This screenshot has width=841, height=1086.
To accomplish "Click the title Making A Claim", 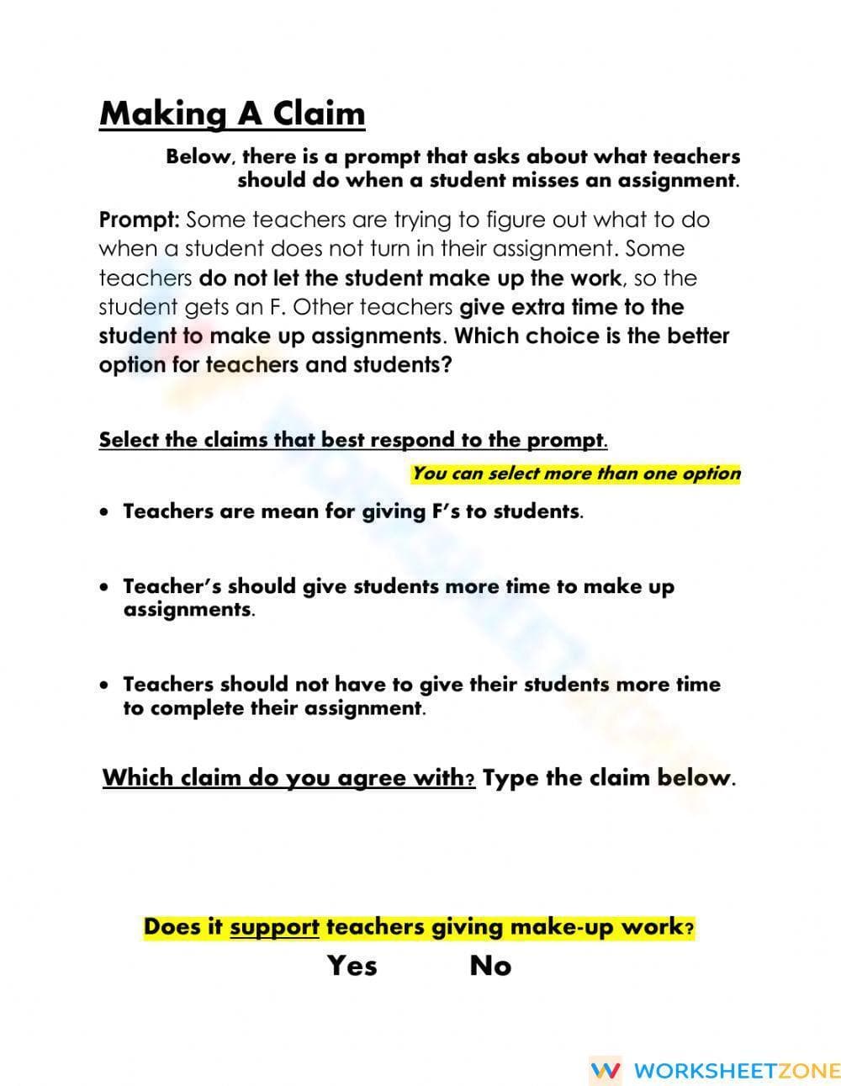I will tap(232, 114).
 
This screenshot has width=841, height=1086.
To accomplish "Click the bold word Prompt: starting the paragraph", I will tap(139, 220).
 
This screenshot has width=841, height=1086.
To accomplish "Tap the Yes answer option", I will tap(352, 965).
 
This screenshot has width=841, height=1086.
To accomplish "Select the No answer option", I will tap(490, 965).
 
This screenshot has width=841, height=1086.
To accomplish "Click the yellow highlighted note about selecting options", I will tap(576, 474).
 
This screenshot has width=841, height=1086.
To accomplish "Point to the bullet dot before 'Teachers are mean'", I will tap(103, 511).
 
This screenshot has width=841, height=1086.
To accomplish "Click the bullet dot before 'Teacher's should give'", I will tap(103, 587).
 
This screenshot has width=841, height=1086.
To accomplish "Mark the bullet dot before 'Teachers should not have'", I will tap(103, 685).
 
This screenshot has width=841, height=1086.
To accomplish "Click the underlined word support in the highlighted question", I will tap(274, 927).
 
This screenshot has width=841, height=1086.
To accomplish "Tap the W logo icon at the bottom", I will tap(606, 1070).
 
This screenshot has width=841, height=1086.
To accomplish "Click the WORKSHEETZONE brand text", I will tap(736, 1070).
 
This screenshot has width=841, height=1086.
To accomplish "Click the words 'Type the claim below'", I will tap(608, 777).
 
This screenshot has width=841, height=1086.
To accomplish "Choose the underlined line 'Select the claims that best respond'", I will tap(352, 440).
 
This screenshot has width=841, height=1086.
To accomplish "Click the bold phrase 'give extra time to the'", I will tap(571, 307).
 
